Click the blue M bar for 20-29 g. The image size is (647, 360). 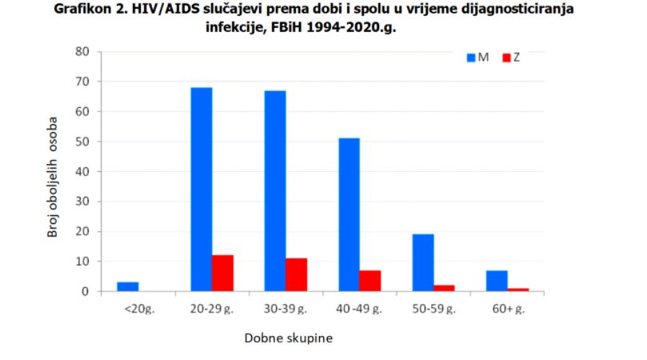[x=202, y=189]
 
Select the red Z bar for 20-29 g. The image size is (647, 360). [x=222, y=273]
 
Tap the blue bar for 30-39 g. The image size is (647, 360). [x=275, y=190]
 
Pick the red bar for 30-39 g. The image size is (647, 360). [x=296, y=274]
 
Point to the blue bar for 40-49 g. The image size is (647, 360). [x=349, y=214]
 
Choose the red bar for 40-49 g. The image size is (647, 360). [x=370, y=281]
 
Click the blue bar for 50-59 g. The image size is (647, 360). [x=423, y=262]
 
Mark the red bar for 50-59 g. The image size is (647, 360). [x=444, y=288]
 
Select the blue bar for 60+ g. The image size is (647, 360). [x=497, y=281]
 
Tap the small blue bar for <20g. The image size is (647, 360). [x=128, y=286]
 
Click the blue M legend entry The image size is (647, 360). [x=478, y=58]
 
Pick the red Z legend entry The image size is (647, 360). [x=512, y=58]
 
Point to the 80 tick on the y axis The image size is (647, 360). [x=82, y=52]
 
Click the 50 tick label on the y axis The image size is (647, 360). [x=82, y=142]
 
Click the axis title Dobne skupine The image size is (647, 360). [x=288, y=338]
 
